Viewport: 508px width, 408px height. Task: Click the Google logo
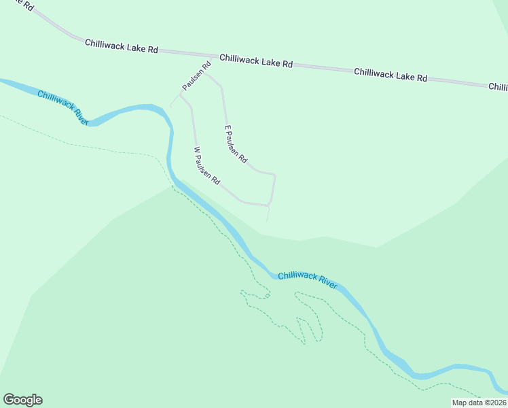[22, 400]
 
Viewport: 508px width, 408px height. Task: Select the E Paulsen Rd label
[236, 144]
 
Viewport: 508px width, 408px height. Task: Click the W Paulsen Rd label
[207, 167]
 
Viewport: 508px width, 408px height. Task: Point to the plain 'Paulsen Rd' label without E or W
[196, 76]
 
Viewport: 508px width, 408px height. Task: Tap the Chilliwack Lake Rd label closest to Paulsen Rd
[255, 61]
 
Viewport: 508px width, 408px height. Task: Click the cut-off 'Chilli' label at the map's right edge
[498, 87]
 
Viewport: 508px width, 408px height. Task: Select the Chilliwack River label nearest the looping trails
[307, 279]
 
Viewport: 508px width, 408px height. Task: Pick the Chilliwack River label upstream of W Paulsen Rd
[63, 107]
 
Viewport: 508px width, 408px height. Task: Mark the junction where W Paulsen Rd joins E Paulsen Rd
[270, 205]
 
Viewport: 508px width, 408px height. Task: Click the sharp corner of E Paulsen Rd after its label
[274, 175]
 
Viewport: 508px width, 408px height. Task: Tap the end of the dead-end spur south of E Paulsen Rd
[267, 221]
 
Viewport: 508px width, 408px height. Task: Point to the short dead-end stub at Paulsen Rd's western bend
[171, 105]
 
